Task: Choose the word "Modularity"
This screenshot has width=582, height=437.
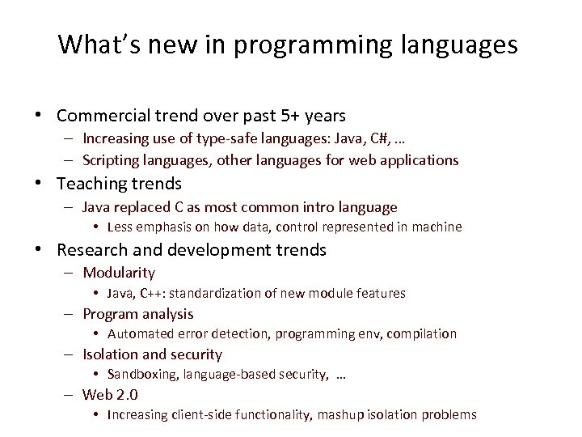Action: (x=119, y=273)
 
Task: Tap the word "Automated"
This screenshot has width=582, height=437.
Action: (x=139, y=333)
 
